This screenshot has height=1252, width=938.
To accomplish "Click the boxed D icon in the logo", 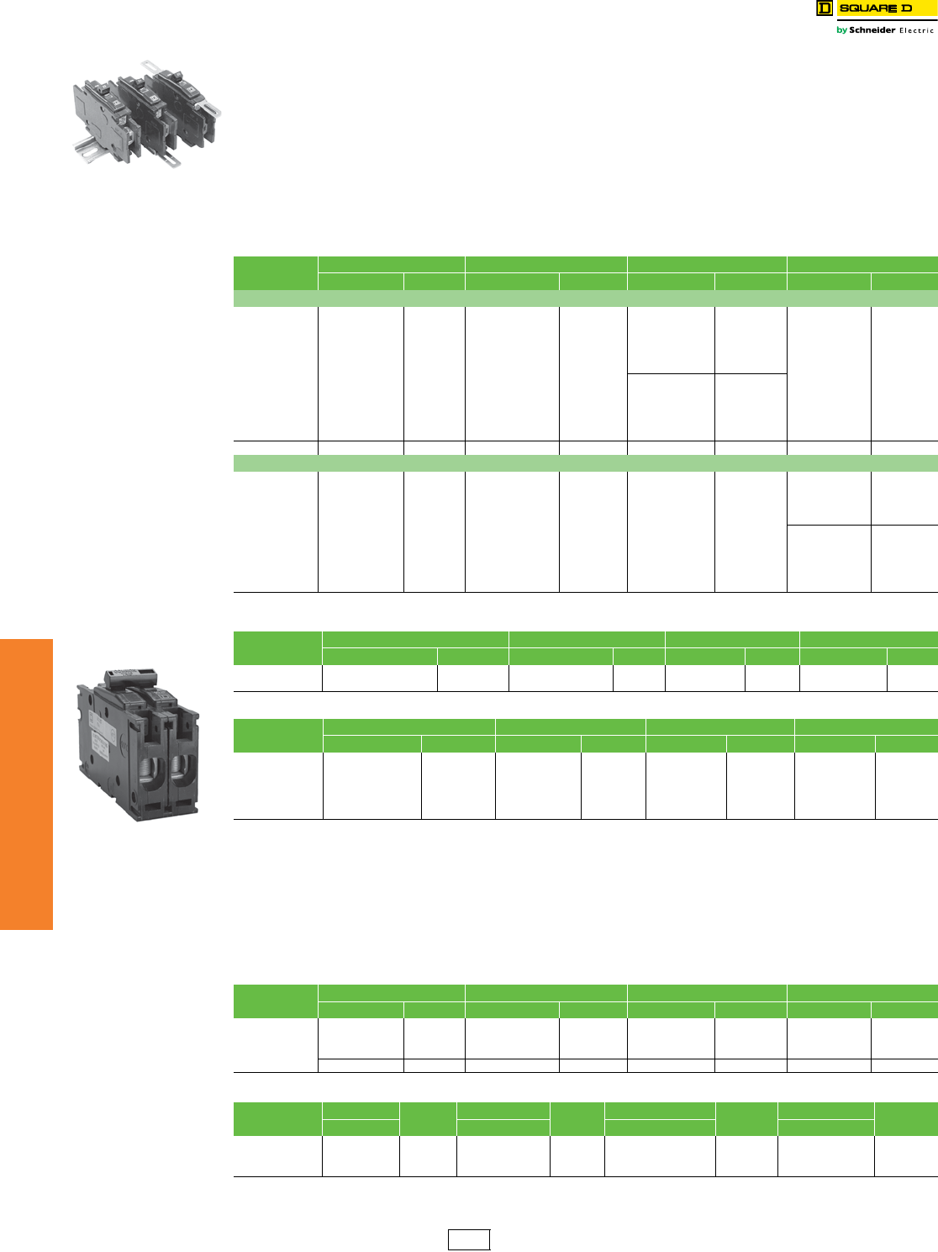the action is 824,8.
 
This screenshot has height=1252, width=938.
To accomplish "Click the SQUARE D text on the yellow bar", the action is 875,8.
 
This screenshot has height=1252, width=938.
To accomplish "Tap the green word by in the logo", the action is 841,30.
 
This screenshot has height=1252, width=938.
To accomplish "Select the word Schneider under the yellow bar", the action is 872,30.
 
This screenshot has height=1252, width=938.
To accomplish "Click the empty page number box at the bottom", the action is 468,1239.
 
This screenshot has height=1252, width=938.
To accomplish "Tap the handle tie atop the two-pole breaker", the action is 129,676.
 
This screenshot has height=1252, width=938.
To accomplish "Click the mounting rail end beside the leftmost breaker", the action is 82,151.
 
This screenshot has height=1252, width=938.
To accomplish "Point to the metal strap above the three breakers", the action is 151,66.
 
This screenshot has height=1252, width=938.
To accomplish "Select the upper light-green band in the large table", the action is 585,298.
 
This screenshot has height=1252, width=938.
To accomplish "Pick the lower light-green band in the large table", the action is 585,463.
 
